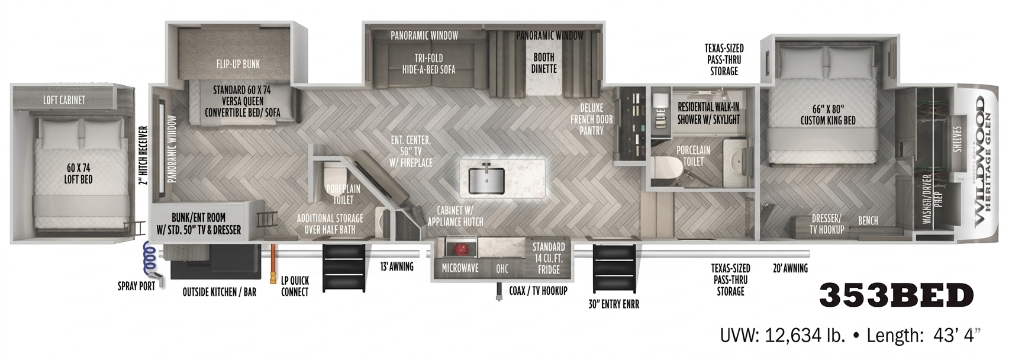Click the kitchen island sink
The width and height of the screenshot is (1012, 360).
pyautogui.click(x=486, y=179)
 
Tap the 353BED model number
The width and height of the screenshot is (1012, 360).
pyautogui.click(x=896, y=295)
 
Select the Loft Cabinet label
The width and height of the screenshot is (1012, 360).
pyautogui.click(x=64, y=100)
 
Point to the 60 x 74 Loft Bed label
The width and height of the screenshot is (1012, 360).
pyautogui.click(x=78, y=173)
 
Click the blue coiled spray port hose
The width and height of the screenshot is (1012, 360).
pyautogui.click(x=149, y=256)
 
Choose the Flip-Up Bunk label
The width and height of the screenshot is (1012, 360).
pyautogui.click(x=238, y=63)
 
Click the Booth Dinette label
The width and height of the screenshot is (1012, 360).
pyautogui.click(x=543, y=63)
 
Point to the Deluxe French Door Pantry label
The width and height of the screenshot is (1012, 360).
pyautogui.click(x=591, y=119)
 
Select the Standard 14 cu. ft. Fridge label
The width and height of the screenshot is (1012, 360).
pyautogui.click(x=549, y=258)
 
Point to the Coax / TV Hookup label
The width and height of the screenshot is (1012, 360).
pyautogui.click(x=538, y=291)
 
